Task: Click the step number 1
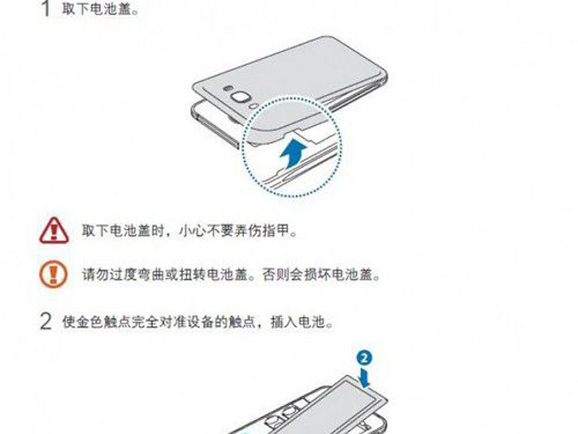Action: [x=46, y=8]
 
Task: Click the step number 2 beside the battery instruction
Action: [x=46, y=321]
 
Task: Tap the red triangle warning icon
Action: [x=53, y=230]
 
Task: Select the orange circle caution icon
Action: [x=53, y=274]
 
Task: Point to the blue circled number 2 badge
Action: [x=364, y=357]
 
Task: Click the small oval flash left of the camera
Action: [x=227, y=88]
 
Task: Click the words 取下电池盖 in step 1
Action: [x=97, y=9]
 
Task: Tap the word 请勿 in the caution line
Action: [x=95, y=275]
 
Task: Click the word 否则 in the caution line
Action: [x=275, y=275]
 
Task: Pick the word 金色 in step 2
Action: [x=89, y=322]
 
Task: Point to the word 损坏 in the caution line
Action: [x=316, y=275]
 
